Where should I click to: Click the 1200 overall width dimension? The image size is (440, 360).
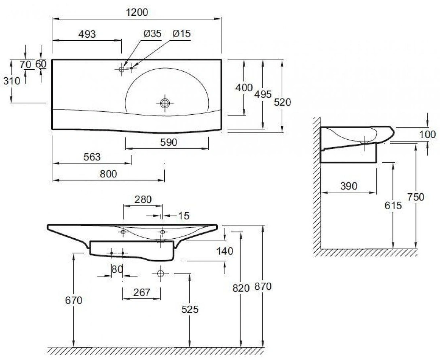[x=137, y=12]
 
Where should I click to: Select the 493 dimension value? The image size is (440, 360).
[x=87, y=34]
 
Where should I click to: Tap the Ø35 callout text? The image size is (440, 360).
[x=153, y=34]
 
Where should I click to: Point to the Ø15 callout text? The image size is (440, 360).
[x=181, y=34]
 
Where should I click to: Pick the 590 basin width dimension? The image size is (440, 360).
[x=169, y=143]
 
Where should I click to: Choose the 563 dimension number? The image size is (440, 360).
[x=92, y=157]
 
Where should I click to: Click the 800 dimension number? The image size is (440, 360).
[x=108, y=174]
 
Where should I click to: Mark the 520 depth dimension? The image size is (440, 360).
[x=282, y=102]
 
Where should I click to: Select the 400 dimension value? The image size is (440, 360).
[x=244, y=88]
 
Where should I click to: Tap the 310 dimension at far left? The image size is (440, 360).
[x=12, y=81]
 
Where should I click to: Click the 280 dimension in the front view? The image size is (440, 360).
[x=143, y=199]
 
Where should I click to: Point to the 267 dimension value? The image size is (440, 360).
[x=142, y=293]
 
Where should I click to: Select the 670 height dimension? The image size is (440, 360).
[x=74, y=301]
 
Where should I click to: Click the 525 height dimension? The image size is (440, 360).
[x=190, y=310]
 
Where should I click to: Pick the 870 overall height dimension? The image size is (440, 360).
[x=263, y=287]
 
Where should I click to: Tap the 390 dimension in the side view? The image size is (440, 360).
[x=349, y=186]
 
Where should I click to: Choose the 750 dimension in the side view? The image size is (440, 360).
[x=416, y=197]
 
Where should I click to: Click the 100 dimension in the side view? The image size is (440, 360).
[x=428, y=135]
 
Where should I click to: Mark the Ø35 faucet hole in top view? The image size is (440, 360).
[x=121, y=69]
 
